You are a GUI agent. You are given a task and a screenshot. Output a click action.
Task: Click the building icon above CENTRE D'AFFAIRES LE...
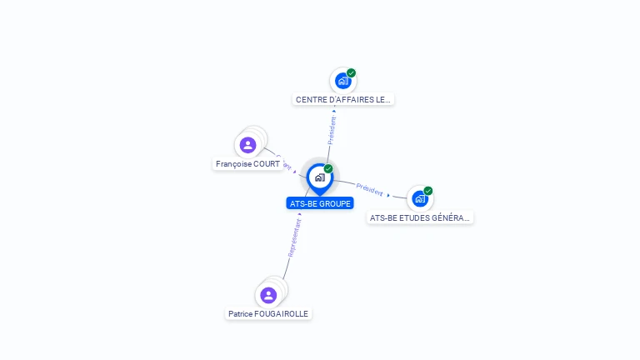(342, 81)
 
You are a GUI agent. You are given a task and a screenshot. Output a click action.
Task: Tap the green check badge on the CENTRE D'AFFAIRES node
(352, 73)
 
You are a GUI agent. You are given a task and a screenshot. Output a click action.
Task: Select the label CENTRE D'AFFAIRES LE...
(343, 99)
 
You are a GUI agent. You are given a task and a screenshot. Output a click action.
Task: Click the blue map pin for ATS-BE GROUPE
(319, 177)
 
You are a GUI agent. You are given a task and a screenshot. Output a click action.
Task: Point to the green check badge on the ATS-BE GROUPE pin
(328, 169)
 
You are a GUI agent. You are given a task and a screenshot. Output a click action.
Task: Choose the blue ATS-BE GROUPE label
(320, 203)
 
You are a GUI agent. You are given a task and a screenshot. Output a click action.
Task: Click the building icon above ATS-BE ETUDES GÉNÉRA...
(419, 198)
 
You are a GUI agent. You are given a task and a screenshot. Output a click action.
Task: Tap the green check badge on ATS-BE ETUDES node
(428, 191)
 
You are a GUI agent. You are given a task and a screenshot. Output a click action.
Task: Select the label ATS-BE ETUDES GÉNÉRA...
(420, 217)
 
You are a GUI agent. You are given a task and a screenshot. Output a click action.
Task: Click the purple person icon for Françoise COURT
(247, 145)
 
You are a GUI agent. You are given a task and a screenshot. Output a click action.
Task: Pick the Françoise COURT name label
(247, 164)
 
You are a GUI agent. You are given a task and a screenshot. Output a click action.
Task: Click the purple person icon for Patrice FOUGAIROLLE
(267, 295)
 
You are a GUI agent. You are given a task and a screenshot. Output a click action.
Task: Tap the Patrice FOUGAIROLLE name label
(268, 314)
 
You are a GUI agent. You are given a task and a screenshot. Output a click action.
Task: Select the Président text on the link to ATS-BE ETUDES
(369, 189)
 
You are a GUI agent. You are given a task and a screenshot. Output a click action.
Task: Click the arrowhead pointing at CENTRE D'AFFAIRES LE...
(334, 110)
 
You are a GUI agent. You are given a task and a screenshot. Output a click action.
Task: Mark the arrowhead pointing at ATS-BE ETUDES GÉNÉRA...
(388, 195)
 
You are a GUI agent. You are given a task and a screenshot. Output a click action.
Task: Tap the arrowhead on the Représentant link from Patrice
(299, 214)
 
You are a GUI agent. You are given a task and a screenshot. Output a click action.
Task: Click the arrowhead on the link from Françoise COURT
(295, 172)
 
